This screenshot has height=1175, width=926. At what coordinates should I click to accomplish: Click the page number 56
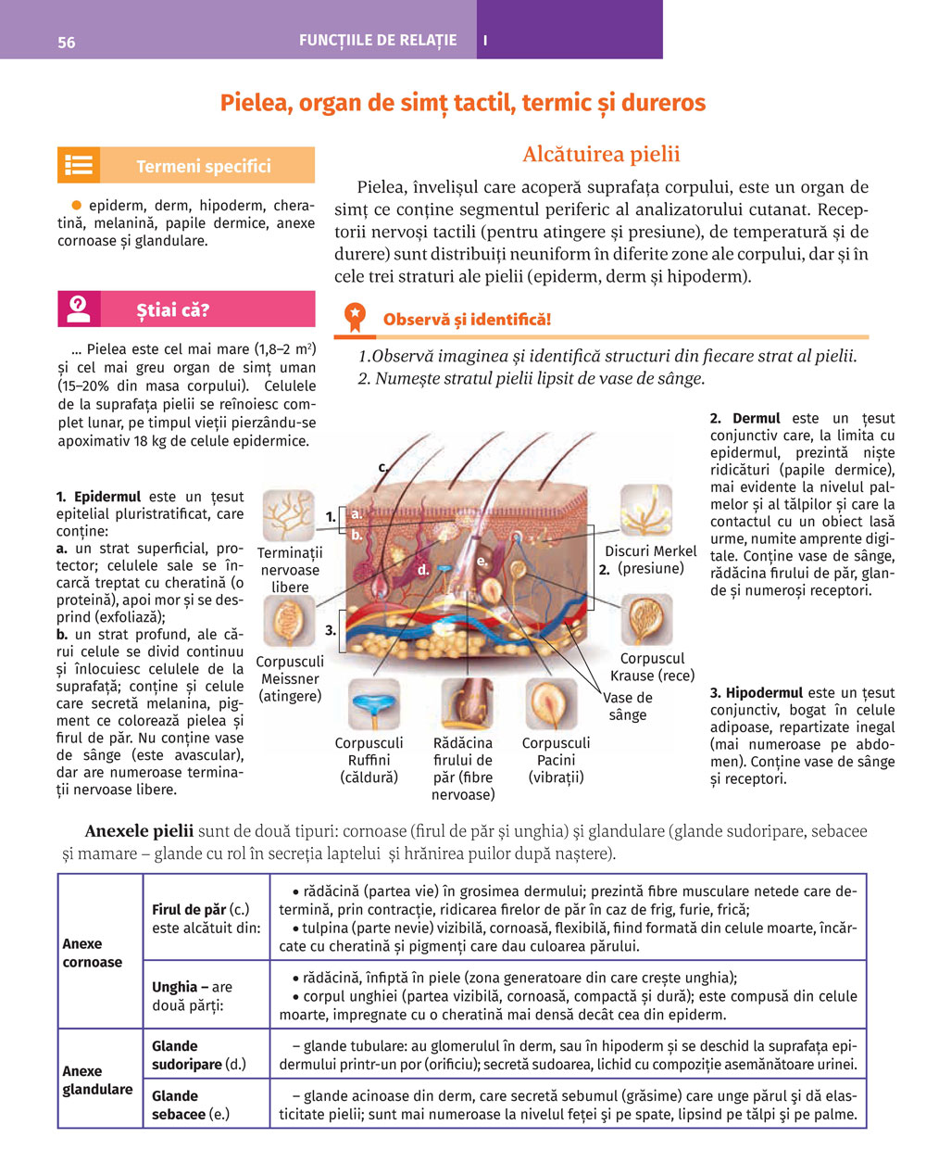(67, 43)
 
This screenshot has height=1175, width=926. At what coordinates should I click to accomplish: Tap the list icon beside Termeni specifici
(79, 166)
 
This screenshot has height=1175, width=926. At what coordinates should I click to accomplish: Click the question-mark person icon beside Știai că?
(79, 309)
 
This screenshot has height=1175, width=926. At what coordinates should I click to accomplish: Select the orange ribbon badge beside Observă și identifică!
(355, 318)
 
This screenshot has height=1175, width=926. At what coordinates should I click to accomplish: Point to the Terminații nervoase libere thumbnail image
(289, 515)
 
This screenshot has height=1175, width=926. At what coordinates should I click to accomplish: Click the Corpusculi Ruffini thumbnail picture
(373, 704)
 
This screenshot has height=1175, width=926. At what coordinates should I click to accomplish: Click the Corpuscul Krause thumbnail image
(646, 620)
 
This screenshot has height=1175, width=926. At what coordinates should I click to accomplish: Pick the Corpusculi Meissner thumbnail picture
(289, 621)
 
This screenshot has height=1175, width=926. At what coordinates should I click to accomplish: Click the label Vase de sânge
(628, 706)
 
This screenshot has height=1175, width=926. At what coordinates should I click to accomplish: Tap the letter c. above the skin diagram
(382, 467)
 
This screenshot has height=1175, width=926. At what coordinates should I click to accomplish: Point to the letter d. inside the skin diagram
(423, 570)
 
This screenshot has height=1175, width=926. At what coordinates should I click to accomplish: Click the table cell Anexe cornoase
(93, 953)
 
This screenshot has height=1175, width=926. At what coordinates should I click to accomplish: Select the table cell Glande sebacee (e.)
(190, 1105)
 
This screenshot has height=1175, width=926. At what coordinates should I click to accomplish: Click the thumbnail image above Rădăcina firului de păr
(464, 704)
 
